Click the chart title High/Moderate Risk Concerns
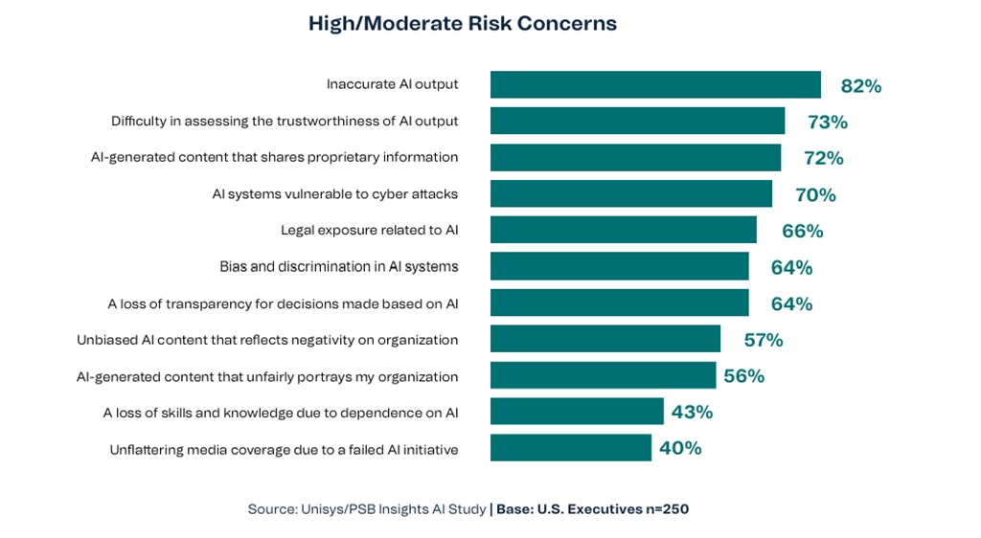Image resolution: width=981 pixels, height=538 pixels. tap(462, 24)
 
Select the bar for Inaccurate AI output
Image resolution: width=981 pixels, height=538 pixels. tap(655, 84)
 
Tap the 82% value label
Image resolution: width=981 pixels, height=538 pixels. tap(860, 86)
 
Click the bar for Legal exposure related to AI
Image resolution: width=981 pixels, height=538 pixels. tap(623, 230)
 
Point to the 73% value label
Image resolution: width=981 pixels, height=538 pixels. tap(827, 122)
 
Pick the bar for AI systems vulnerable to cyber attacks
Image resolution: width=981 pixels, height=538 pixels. tap(630, 193)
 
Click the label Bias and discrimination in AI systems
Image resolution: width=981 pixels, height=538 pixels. tap(338, 266)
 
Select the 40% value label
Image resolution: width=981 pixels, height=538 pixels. tap(680, 448)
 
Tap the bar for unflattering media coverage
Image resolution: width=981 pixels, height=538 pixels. tap(570, 447)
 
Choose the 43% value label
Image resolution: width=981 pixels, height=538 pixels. tap(692, 412)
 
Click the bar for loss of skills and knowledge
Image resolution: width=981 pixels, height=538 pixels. tap(577, 411)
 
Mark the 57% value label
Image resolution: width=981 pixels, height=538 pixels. tap(764, 340)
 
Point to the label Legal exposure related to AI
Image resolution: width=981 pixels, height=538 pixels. tap(369, 230)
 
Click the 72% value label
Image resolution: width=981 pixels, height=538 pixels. tap(823, 158)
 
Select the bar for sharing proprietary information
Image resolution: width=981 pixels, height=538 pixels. tap(635, 157)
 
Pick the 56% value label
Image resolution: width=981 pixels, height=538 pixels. tap(743, 376)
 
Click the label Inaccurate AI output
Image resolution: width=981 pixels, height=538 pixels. tap(392, 84)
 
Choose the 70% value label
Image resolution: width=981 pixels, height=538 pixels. tap(815, 194)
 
